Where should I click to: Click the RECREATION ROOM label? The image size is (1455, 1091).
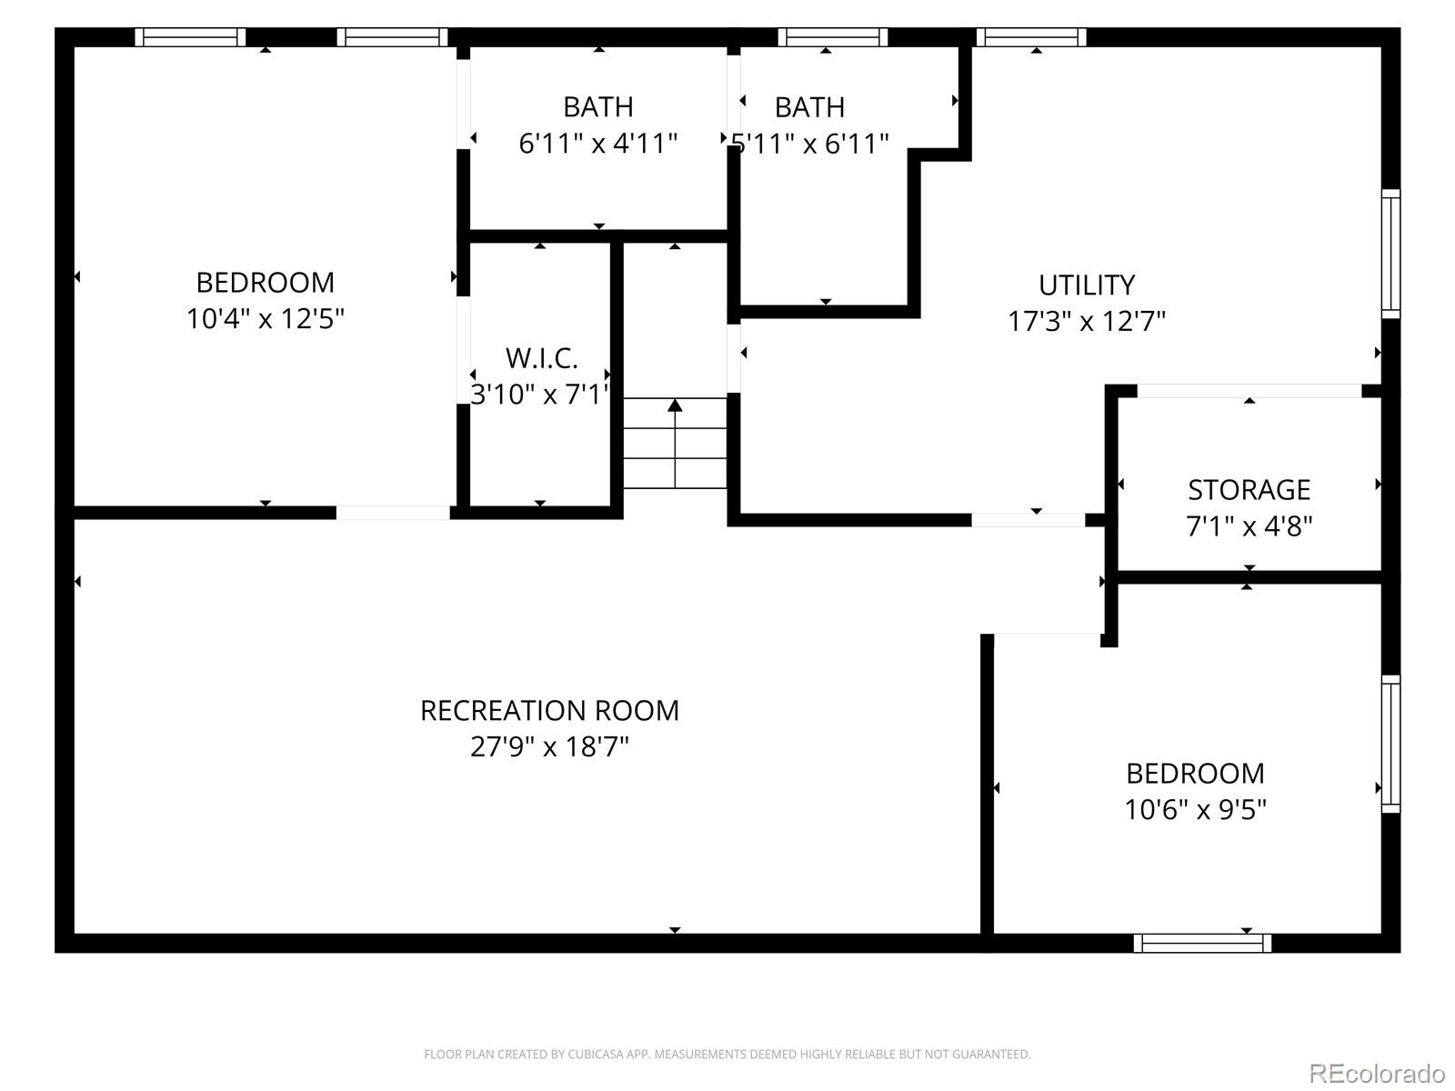549,710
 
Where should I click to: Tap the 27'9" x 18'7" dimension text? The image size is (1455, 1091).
549,747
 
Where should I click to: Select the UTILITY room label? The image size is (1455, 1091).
1087,285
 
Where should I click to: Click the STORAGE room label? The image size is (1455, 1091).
1249,490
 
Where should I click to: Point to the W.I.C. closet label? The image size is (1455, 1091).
541,358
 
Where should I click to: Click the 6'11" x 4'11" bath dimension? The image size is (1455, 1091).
597,144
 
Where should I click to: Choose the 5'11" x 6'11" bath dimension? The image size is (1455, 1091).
810,144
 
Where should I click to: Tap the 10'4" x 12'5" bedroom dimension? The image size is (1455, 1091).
265,319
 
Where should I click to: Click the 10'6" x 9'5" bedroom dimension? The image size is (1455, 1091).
1195,809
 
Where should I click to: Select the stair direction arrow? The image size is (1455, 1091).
675,405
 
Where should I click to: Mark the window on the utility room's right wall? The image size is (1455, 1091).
1390,254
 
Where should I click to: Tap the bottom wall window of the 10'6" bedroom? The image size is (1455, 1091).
1202,944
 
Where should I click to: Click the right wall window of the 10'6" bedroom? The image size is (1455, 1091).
1390,744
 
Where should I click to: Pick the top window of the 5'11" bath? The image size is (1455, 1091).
832,37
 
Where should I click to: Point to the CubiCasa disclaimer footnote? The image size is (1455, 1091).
727,1055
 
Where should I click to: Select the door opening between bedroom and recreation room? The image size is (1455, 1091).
393,513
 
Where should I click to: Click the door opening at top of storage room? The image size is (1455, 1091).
1249,391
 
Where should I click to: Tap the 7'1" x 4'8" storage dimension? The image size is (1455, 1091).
1249,526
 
